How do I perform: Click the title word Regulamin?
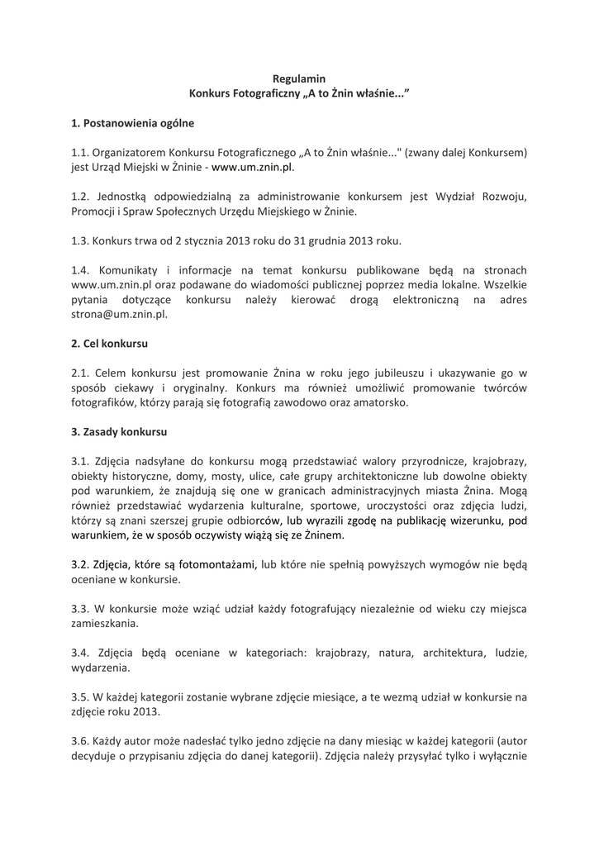tap(298, 78)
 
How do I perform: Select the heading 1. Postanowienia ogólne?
tap(132, 123)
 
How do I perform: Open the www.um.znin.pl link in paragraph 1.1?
tap(252, 167)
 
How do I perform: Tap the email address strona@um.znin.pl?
tap(119, 315)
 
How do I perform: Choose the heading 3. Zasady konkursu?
tap(119, 431)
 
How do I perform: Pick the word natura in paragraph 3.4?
tap(383, 654)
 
